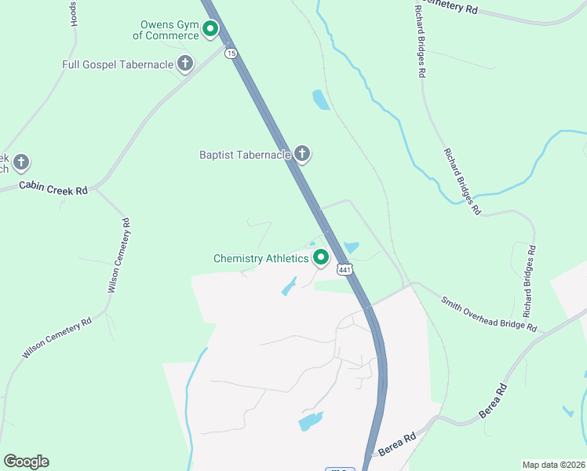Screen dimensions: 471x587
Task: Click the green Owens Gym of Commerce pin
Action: (210, 30)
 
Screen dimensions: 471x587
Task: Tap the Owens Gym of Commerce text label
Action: (166, 30)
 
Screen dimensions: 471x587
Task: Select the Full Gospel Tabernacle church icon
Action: (185, 64)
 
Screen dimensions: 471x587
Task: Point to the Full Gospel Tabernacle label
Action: (118, 64)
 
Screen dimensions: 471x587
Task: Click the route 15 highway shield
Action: (230, 53)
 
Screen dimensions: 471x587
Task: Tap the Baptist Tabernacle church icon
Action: (303, 155)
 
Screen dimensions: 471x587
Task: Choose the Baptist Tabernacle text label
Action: (245, 155)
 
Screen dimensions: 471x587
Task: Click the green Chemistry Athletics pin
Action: (321, 257)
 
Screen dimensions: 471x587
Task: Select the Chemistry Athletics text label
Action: (261, 258)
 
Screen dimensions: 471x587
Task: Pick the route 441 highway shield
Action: (345, 269)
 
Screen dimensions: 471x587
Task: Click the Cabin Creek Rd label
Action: (53, 189)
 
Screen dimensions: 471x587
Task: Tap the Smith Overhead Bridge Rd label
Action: (488, 313)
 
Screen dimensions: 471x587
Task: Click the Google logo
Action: (26, 462)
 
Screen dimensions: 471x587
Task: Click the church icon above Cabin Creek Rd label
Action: (21, 162)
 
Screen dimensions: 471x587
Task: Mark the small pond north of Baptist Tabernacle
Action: (321, 100)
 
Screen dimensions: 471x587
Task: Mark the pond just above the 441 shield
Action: (350, 248)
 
